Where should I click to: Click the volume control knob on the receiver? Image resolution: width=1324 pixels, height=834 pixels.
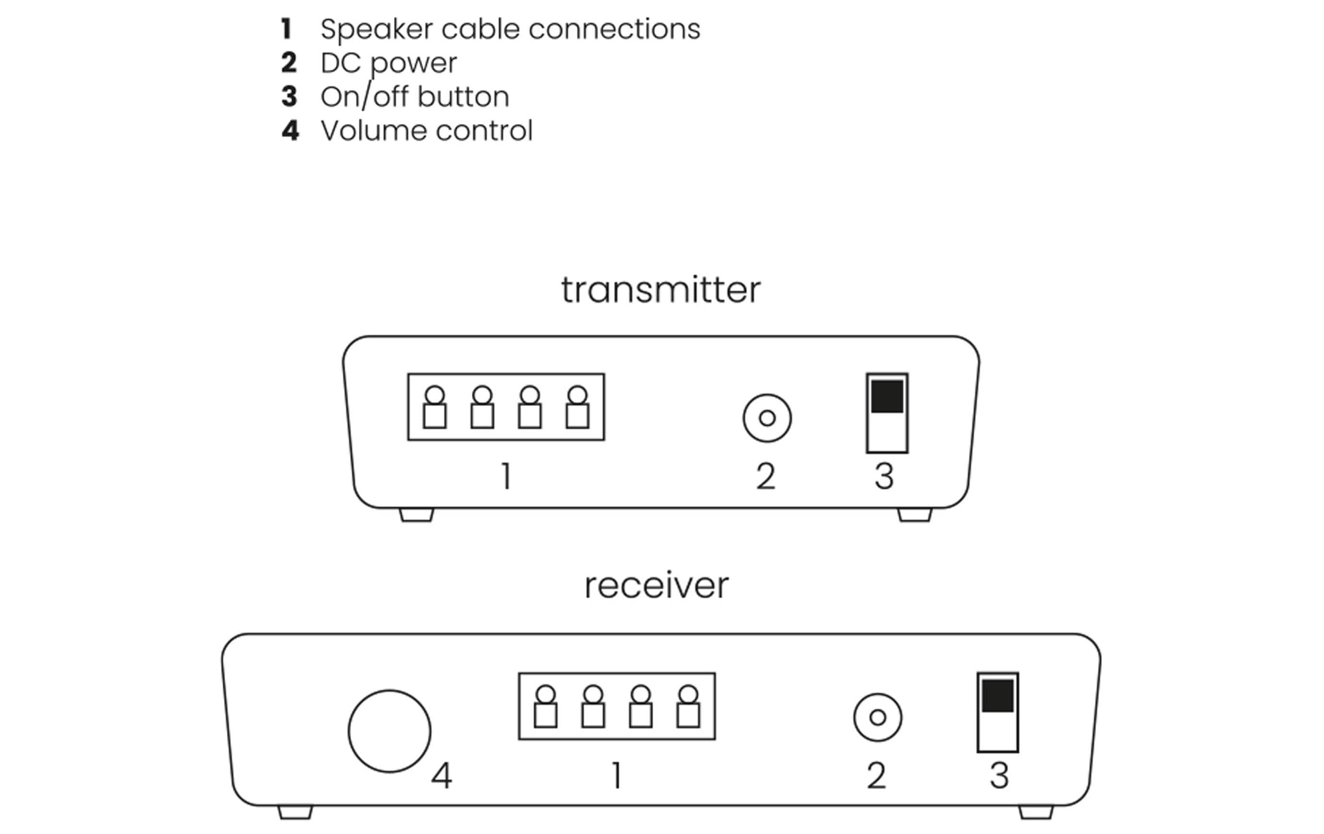click(x=389, y=731)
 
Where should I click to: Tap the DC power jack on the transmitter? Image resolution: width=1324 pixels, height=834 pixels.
click(x=767, y=418)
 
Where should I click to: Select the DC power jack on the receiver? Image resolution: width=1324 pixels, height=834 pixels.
click(x=878, y=717)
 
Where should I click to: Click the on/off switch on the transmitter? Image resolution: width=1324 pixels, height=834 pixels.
click(x=887, y=413)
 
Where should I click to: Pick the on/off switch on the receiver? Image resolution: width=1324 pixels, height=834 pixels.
click(x=997, y=712)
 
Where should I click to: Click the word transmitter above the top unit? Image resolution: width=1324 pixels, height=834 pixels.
click(x=661, y=290)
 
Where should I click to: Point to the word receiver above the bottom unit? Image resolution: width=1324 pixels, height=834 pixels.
click(x=657, y=585)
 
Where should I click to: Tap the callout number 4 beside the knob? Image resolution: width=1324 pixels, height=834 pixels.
click(x=441, y=776)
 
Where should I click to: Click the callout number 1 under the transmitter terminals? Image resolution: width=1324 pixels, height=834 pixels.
click(x=507, y=476)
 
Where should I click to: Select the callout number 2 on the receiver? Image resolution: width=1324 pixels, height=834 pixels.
click(x=876, y=776)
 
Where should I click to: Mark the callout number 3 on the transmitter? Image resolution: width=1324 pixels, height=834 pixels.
click(x=884, y=476)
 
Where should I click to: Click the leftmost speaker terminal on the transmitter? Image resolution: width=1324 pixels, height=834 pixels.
click(x=434, y=408)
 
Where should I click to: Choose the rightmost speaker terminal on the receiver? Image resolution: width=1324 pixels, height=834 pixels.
click(x=688, y=707)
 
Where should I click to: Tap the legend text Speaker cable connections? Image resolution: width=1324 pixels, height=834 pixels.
click(x=510, y=29)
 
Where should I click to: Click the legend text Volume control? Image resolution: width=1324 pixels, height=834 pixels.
click(x=427, y=131)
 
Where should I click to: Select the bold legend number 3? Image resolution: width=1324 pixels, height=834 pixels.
click(x=289, y=97)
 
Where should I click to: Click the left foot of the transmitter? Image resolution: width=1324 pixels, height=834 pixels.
click(x=416, y=515)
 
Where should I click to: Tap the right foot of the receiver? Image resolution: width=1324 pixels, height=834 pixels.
click(x=1036, y=812)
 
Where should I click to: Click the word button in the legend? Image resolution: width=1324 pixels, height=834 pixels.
click(x=463, y=97)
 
